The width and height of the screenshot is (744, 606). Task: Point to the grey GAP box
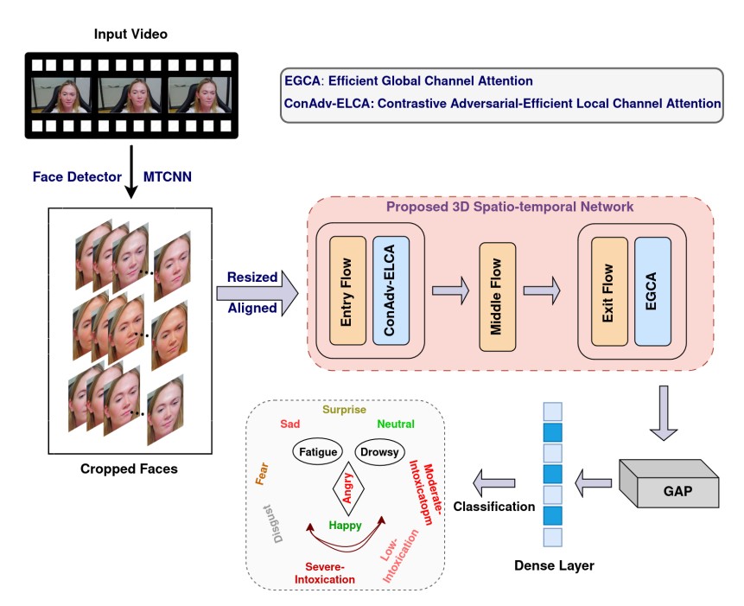pos(670,490)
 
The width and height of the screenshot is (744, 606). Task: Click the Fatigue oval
pos(316,451)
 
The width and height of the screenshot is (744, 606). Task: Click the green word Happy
pos(345,526)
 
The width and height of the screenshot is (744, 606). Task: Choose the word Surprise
pos(345,410)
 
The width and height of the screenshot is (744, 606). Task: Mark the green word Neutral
pos(396,424)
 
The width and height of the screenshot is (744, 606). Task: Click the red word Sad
pos(289,424)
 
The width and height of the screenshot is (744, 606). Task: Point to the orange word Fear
pos(260,473)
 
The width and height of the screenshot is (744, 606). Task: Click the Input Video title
pos(130,35)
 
